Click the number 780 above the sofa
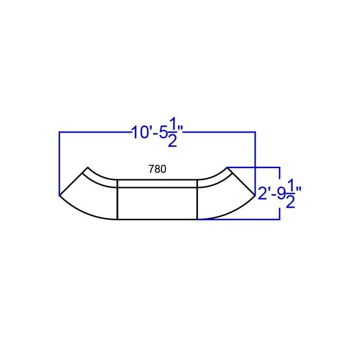(157, 169)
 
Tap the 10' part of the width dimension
(141, 133)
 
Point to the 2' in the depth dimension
(263, 193)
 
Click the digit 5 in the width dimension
(163, 133)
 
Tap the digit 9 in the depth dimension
(281, 194)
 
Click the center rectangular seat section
(157, 203)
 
